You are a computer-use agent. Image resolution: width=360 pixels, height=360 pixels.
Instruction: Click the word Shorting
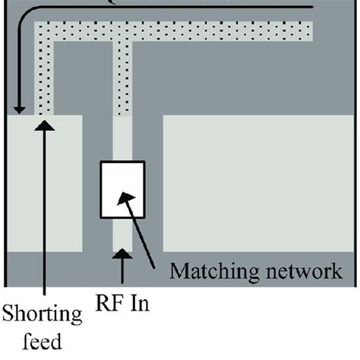[x=45, y=312]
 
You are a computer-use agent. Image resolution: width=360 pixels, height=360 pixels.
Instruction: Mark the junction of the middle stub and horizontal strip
[x=122, y=33]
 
